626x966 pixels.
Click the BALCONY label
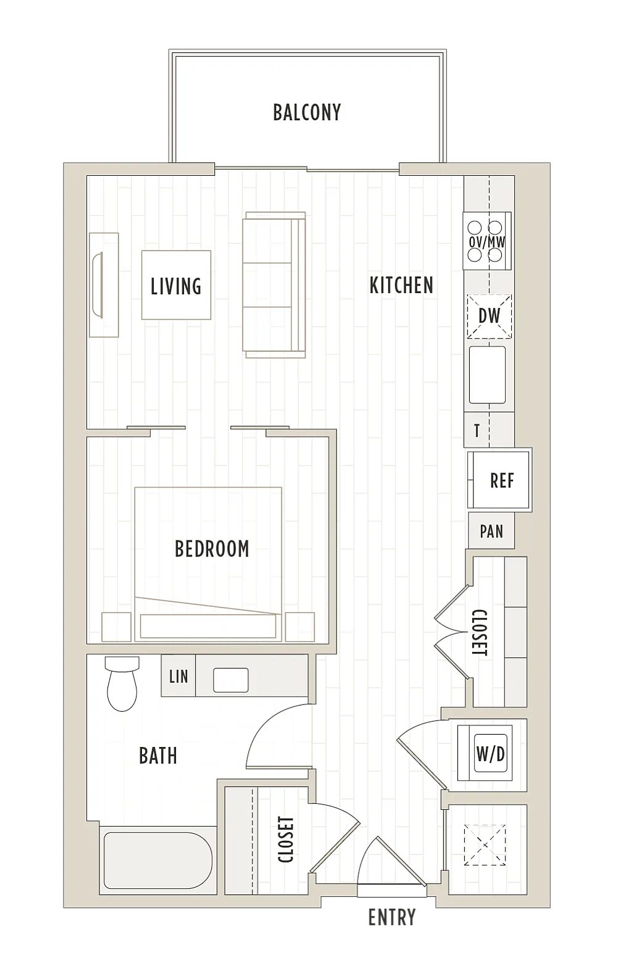[x=307, y=112]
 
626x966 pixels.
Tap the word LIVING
[x=176, y=286]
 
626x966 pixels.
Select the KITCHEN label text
[x=401, y=285]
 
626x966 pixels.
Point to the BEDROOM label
[x=212, y=548]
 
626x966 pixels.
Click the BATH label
[x=158, y=756]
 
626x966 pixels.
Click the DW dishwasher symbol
[x=490, y=316]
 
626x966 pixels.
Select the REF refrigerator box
[x=499, y=480]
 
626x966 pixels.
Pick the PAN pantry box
[x=491, y=531]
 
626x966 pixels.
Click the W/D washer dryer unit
[x=485, y=753]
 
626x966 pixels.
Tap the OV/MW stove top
[x=487, y=241]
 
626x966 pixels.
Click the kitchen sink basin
[x=488, y=375]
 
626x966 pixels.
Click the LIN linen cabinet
[x=178, y=676]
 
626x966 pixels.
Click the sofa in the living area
[x=274, y=284]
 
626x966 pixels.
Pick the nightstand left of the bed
[x=116, y=627]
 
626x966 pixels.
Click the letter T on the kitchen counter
[x=477, y=431]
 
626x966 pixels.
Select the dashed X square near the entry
[x=485, y=845]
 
